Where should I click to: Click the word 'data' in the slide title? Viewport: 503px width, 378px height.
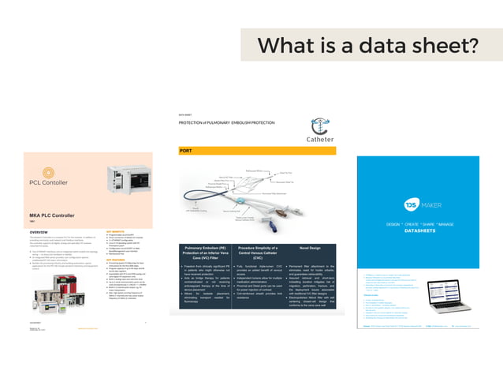363,45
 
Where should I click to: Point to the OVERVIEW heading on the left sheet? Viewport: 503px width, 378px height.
39,232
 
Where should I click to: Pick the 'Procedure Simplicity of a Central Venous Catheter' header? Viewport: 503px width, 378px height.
248,250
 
